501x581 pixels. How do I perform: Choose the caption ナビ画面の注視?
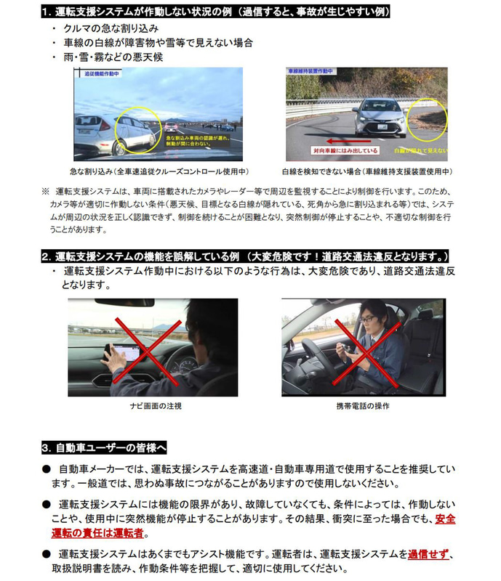(153, 406)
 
